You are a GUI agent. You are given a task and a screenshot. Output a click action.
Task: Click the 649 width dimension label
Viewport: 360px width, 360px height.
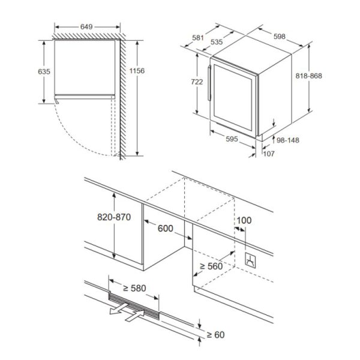tap(86, 27)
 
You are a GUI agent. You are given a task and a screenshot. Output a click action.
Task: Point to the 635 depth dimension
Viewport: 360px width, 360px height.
tap(44, 71)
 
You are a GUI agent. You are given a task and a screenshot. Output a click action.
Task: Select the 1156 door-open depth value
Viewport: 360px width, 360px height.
tap(137, 71)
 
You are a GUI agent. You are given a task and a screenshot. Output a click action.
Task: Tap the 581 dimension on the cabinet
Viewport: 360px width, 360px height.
tap(198, 38)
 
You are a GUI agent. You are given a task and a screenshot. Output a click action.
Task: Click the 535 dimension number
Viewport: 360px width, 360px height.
tap(217, 42)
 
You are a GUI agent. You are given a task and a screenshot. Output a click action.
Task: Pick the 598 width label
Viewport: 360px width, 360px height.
tap(280, 36)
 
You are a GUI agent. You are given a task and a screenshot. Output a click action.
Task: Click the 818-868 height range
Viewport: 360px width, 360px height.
tap(308, 76)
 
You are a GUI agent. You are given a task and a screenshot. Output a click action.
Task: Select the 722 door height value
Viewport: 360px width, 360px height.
tap(197, 82)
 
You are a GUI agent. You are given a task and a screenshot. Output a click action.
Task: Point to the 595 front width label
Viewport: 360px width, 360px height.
tap(232, 139)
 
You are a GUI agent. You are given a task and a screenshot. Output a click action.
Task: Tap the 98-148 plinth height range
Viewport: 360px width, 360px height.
tap(287, 140)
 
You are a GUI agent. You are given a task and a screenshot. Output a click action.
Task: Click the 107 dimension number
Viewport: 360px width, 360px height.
tap(269, 154)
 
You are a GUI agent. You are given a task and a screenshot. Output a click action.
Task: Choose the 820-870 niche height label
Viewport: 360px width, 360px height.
tap(114, 217)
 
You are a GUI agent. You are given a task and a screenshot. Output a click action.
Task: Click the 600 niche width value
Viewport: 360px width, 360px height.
tap(166, 228)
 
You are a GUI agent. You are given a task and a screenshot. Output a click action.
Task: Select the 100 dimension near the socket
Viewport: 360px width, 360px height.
tap(244, 220)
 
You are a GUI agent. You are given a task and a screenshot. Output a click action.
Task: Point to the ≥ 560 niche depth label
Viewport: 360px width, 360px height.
tap(211, 266)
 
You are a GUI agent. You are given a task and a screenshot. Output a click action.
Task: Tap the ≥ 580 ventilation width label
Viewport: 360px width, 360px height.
tap(134, 288)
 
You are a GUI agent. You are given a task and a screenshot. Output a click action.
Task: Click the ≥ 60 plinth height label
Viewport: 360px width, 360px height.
tap(215, 335)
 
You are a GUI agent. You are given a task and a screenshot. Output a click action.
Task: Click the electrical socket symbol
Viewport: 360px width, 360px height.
tap(250, 260)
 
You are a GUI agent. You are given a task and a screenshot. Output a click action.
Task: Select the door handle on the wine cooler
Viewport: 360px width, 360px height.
tap(209, 83)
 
